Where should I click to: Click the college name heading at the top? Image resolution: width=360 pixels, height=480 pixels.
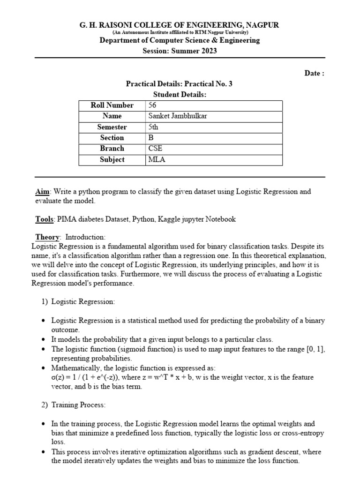pyautogui.click(x=180, y=25)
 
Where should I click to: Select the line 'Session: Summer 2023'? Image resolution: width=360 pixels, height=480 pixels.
pyautogui.click(x=180, y=51)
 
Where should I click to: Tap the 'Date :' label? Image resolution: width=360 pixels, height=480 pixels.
pyautogui.click(x=314, y=73)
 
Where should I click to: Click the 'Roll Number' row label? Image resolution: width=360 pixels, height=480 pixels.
pyautogui.click(x=112, y=105)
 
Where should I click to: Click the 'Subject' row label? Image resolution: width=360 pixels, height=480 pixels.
pyautogui.click(x=112, y=160)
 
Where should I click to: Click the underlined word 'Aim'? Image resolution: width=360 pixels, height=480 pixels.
pyautogui.click(x=43, y=192)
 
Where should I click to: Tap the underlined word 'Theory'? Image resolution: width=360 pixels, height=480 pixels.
pyautogui.click(x=47, y=237)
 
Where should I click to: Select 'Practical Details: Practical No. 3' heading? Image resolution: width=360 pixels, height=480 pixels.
pyautogui.click(x=180, y=84)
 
